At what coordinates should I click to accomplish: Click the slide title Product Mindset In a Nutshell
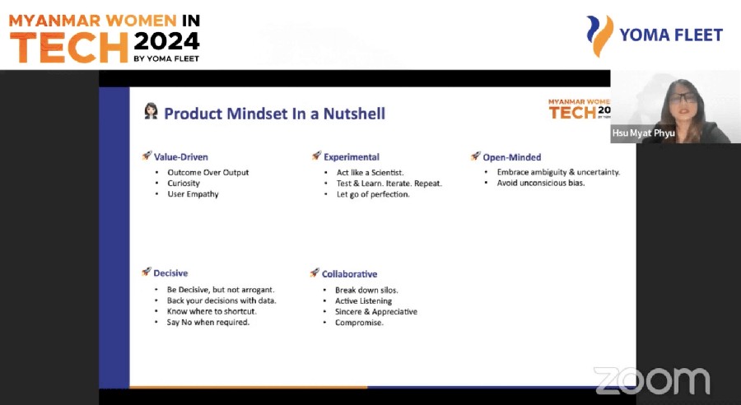[274, 114]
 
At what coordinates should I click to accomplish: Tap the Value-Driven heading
[180, 157]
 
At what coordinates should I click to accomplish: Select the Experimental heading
[351, 157]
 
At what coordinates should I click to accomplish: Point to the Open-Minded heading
[511, 157]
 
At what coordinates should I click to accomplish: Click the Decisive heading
[170, 273]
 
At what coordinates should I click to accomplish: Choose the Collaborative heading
[349, 274]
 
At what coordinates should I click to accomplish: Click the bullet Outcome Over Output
[208, 173]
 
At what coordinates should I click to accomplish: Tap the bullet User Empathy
[193, 194]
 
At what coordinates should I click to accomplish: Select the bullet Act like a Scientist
[370, 173]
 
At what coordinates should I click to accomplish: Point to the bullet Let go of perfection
[373, 194]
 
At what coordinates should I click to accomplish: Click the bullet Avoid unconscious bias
[541, 183]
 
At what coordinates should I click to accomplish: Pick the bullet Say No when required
[208, 323]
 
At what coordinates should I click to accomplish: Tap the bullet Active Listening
[363, 301]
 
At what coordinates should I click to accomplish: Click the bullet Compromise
[359, 323]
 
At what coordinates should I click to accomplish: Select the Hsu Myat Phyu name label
[643, 133]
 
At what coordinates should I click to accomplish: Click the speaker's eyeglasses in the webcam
[683, 98]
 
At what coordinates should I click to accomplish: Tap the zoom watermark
[652, 381]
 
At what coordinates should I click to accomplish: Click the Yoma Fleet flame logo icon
[600, 35]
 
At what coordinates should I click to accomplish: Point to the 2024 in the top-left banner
[166, 42]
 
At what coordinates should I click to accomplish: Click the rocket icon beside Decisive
[147, 272]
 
